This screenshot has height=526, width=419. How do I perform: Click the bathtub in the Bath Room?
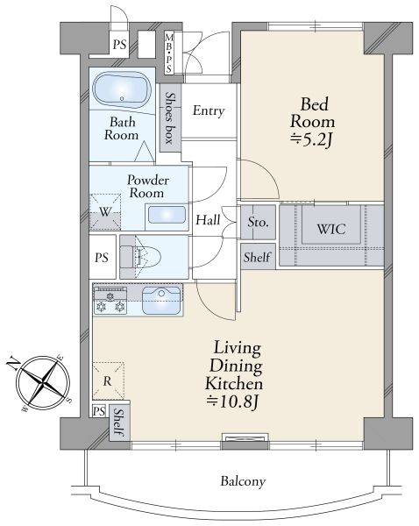(x=122, y=89)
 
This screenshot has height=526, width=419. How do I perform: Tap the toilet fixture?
(x=141, y=257)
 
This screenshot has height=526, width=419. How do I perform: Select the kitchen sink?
(x=161, y=300)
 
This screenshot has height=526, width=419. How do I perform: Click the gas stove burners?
(x=110, y=301)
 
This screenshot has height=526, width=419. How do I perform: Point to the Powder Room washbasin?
(x=167, y=215)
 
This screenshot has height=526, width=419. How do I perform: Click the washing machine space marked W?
(x=105, y=211)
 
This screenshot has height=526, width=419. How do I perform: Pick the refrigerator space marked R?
(x=108, y=381)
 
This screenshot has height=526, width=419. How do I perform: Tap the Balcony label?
(x=243, y=481)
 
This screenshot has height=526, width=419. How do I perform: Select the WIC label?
(x=331, y=229)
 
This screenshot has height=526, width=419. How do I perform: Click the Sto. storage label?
(x=258, y=222)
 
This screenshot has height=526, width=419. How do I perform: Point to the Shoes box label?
(x=170, y=117)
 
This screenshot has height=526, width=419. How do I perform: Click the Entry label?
(x=209, y=111)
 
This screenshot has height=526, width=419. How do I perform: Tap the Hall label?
(x=208, y=220)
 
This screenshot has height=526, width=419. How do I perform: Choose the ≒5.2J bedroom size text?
(x=312, y=141)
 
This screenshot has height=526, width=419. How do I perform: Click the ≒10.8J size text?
(x=233, y=402)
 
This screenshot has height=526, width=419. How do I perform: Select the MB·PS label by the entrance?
(x=168, y=53)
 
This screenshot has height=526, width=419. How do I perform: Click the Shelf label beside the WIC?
(x=257, y=257)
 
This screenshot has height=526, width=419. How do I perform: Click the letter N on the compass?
(x=13, y=363)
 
